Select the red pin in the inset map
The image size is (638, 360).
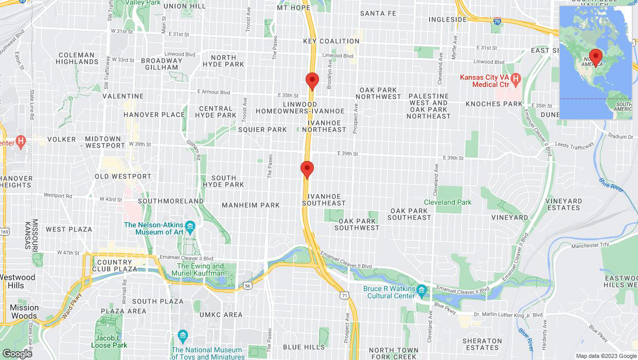596,57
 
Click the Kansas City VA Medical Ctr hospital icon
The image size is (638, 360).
517,79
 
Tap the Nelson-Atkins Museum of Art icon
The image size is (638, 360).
190,226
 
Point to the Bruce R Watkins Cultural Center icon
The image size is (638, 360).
422,290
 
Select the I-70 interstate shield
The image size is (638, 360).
497,22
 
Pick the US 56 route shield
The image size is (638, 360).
247,286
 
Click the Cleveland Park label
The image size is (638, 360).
447,202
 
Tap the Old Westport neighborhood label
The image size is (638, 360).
123,176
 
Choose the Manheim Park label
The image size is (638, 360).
251,205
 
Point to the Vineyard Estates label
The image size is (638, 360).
564,204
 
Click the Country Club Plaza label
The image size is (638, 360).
115,265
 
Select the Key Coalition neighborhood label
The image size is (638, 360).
331,41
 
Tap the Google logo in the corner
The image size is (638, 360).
17,353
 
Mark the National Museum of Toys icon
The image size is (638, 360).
183,336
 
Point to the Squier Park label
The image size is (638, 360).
262,130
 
